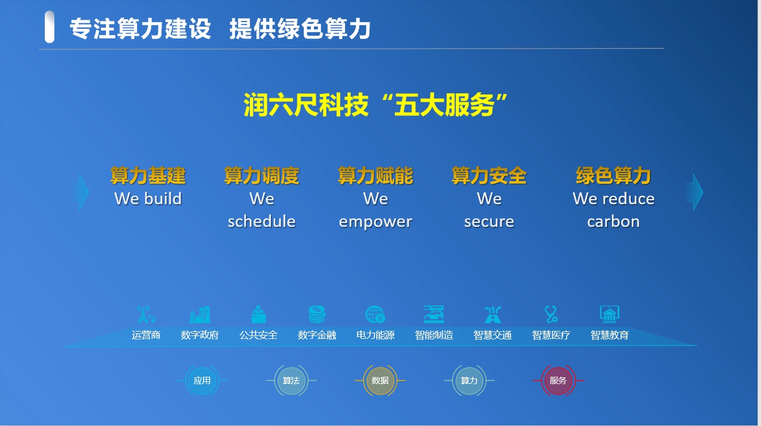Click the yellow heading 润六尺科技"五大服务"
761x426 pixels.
click(x=375, y=105)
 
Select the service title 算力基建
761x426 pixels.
click(x=148, y=176)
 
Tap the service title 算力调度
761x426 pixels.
click(x=261, y=176)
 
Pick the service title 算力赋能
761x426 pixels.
click(x=375, y=176)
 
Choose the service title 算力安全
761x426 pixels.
click(x=489, y=176)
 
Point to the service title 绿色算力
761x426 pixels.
click(x=613, y=176)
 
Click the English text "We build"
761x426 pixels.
click(x=148, y=199)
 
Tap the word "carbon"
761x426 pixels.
click(x=613, y=221)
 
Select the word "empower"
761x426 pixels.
click(x=375, y=221)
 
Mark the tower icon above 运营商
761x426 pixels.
click(x=146, y=314)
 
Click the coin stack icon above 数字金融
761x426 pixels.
click(x=317, y=314)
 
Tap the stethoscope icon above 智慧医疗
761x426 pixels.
click(x=551, y=314)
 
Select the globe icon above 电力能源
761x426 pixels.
click(x=375, y=314)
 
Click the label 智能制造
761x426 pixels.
click(x=434, y=335)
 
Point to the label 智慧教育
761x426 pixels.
click(x=610, y=335)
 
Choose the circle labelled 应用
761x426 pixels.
click(x=202, y=381)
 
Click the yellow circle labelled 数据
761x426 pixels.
click(x=380, y=381)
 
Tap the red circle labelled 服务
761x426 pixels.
click(x=558, y=381)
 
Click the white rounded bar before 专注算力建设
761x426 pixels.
click(x=50, y=27)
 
